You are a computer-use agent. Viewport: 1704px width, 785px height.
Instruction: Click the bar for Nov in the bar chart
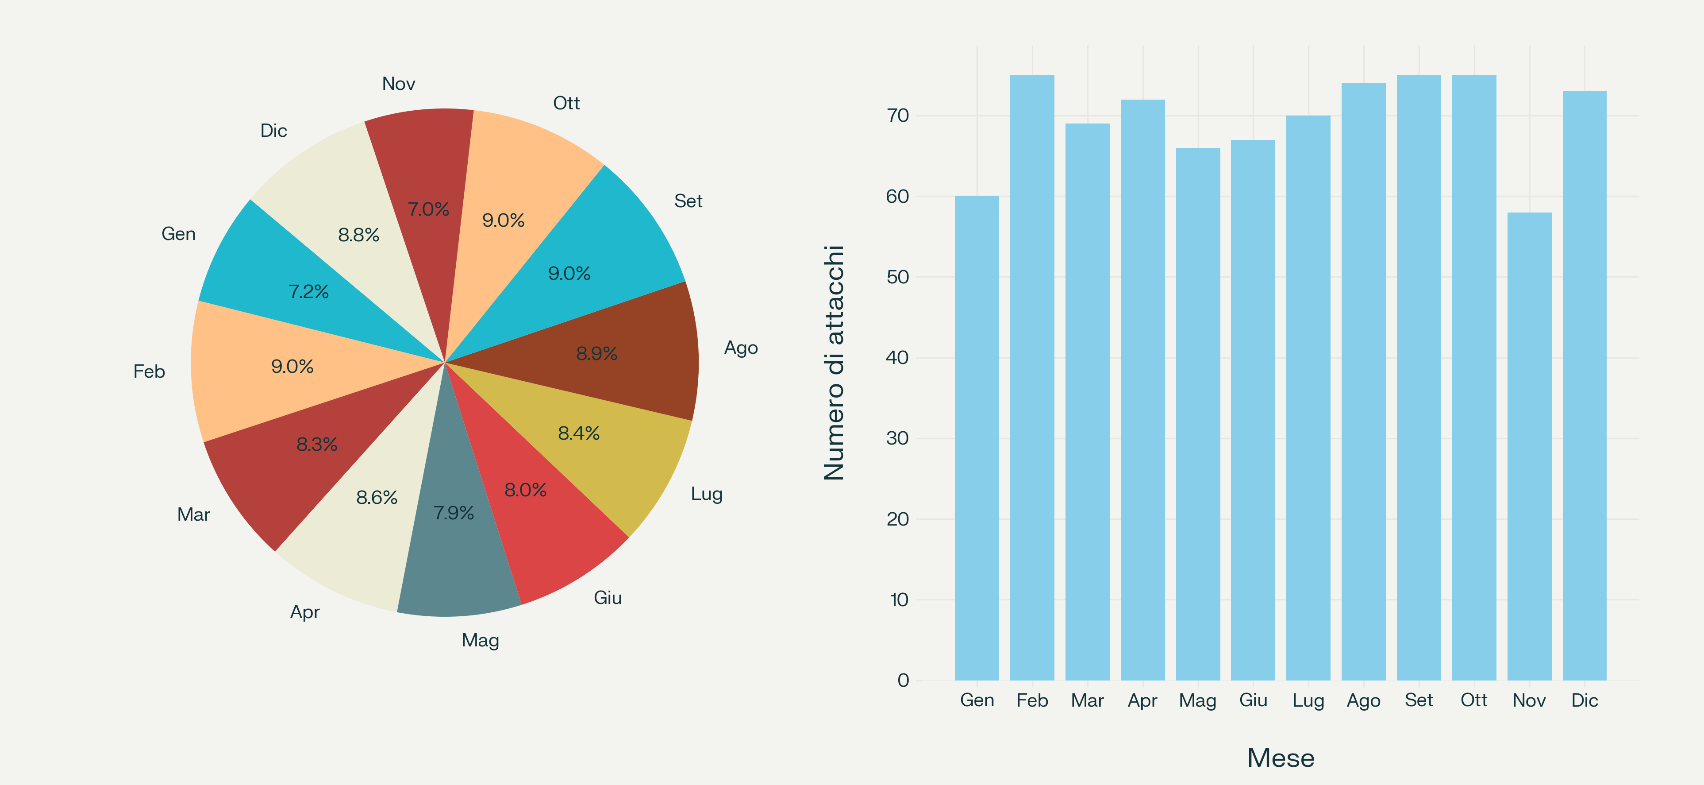(1529, 446)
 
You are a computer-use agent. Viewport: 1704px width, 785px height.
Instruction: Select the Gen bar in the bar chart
(977, 438)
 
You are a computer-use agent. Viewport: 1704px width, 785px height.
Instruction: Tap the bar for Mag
(1197, 414)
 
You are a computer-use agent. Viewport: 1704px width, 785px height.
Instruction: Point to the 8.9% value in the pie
(596, 353)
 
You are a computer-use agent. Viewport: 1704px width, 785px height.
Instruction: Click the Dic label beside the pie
(273, 131)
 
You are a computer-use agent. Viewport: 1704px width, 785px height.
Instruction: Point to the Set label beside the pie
(688, 201)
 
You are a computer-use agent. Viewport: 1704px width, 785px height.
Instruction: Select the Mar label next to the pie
(193, 515)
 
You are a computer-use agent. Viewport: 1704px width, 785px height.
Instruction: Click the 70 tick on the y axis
(898, 116)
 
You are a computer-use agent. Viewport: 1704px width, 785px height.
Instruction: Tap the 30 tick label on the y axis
(898, 438)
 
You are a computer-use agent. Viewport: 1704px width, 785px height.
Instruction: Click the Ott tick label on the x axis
(1474, 700)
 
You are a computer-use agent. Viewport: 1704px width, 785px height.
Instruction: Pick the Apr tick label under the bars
(1142, 700)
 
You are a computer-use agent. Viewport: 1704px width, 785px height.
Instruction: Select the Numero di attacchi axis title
(834, 363)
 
